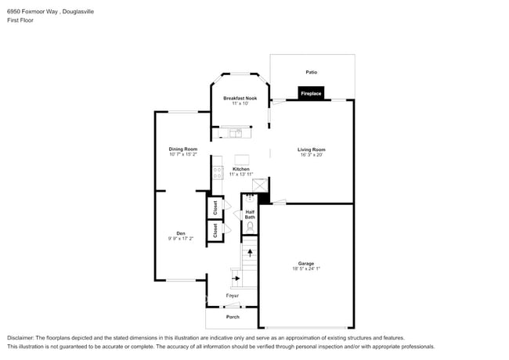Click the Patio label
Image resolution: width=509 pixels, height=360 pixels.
point(312,72)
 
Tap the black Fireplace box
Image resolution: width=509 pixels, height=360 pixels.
point(311,94)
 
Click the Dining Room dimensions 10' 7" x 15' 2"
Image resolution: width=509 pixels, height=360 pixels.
point(182,155)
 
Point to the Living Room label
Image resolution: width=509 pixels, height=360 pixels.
point(311,149)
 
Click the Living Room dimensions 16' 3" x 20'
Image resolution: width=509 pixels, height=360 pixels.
point(311,155)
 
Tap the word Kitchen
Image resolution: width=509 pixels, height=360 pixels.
point(241,169)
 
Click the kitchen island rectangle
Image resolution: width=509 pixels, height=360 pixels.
point(241,160)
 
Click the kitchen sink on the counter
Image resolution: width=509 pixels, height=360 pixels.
point(235,132)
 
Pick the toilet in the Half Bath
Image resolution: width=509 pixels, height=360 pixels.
point(250,227)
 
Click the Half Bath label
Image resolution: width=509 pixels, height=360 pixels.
point(250,214)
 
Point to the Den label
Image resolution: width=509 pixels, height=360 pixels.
point(180,232)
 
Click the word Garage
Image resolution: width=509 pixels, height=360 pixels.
point(305,263)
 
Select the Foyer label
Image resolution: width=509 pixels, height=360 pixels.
point(233,296)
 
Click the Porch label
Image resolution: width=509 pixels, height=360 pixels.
point(233,317)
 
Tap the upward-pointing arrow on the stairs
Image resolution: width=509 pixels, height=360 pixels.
point(250,252)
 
